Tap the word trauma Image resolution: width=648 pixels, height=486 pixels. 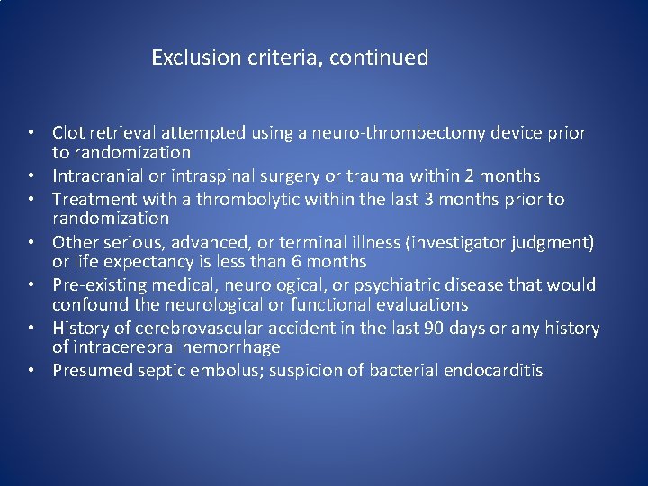[x=366, y=175]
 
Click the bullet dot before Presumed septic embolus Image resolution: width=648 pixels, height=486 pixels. [x=31, y=371]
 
